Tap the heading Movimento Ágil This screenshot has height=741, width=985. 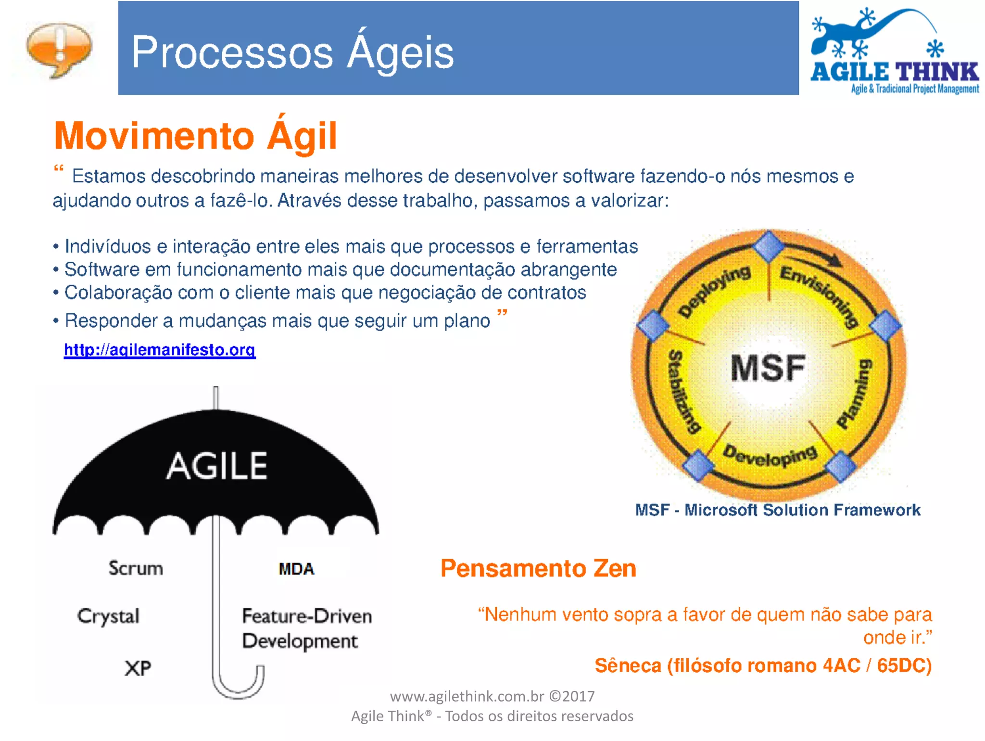pos(195,136)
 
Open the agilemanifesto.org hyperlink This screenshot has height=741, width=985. pos(160,350)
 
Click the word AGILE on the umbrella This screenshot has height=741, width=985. pos(217,466)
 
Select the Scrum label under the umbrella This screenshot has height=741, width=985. pos(136,568)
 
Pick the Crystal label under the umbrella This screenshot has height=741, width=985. pos(109,616)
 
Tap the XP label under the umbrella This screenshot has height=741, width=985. pos(138,668)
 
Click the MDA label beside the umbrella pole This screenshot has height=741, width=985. pos(296,569)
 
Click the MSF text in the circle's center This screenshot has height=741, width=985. pos(768,368)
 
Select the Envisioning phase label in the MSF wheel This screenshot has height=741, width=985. pos(820,295)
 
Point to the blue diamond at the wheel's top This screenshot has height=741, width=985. pos(769,246)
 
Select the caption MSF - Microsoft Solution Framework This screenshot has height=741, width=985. pos(778,510)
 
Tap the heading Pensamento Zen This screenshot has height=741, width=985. pos(538,568)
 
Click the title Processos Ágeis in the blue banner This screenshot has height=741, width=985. pos(292,52)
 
